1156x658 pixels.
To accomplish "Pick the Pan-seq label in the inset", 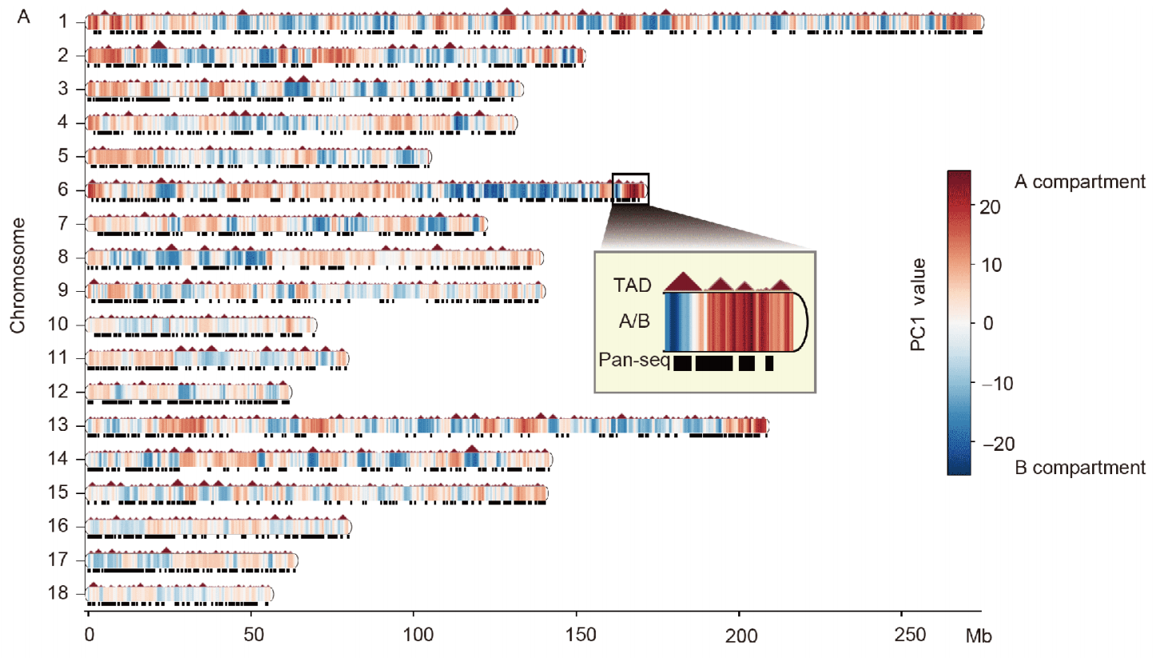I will point(634,361).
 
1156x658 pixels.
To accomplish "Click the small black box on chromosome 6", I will point(630,189).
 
